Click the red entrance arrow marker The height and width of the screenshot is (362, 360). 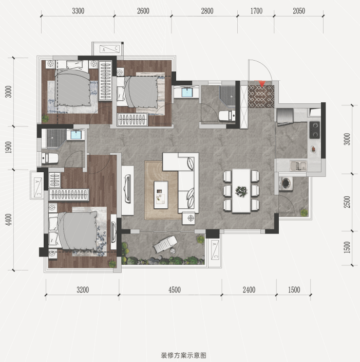(261, 84)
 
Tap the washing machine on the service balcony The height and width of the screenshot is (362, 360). (286, 183)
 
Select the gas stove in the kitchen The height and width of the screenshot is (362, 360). (315, 130)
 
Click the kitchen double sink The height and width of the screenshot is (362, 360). (298, 166)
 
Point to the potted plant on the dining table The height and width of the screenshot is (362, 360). (241, 191)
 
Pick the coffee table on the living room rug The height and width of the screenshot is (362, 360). (161, 195)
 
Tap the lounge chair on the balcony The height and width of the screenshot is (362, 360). (165, 244)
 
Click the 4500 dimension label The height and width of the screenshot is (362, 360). (175, 289)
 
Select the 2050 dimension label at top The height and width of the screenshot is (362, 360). (299, 11)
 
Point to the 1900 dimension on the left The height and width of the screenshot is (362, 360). (8, 147)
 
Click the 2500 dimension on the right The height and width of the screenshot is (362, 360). (347, 202)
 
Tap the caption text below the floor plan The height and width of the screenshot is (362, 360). (183, 355)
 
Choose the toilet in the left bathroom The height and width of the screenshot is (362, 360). (50, 158)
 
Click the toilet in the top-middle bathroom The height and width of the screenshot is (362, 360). (227, 116)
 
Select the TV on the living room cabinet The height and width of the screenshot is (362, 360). (127, 188)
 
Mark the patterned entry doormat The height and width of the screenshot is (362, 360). (261, 96)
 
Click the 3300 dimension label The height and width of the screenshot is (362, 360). (78, 11)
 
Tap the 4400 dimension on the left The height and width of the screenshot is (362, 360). (8, 220)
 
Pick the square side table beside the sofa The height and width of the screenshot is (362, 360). (188, 219)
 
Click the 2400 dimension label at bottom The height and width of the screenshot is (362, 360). (249, 289)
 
